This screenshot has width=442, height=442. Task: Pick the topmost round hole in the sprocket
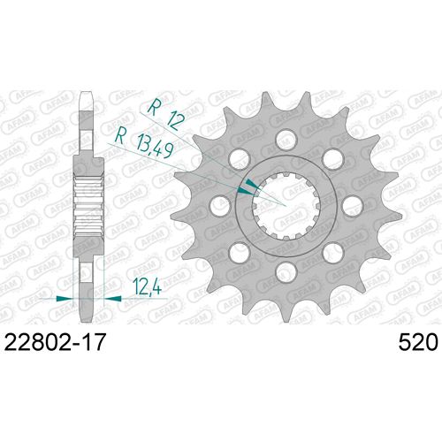tap(285, 138)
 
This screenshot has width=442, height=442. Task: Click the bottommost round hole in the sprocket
tap(285, 270)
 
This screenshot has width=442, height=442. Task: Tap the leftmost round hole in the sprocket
tap(218, 204)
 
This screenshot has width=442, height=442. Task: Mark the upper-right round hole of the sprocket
tap(331, 157)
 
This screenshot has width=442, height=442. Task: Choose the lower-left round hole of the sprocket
tap(238, 251)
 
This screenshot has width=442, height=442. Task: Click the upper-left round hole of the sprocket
tap(238, 157)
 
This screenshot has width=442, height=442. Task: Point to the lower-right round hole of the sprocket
tap(331, 251)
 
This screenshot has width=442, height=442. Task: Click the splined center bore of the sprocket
tap(285, 204)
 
